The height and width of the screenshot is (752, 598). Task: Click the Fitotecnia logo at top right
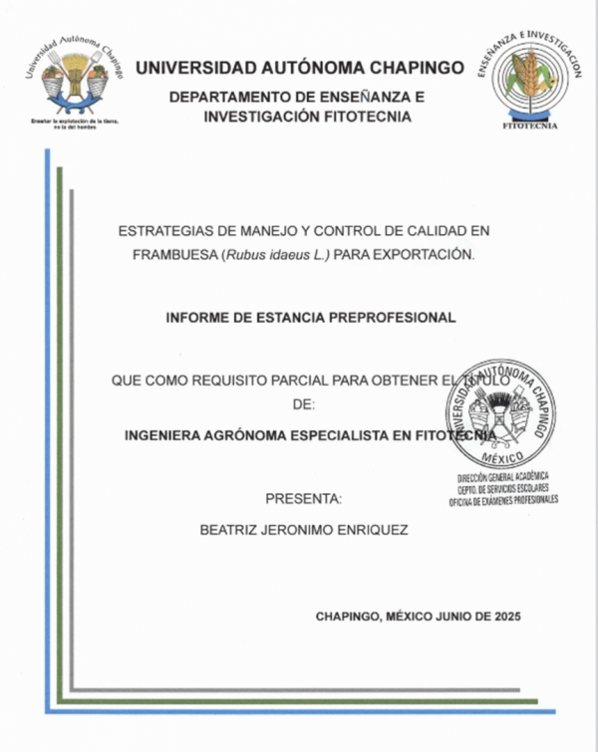[x=529, y=80]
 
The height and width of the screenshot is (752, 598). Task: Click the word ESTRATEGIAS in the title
[x=160, y=230]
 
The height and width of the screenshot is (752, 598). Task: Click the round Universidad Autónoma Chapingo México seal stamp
[x=501, y=413]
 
